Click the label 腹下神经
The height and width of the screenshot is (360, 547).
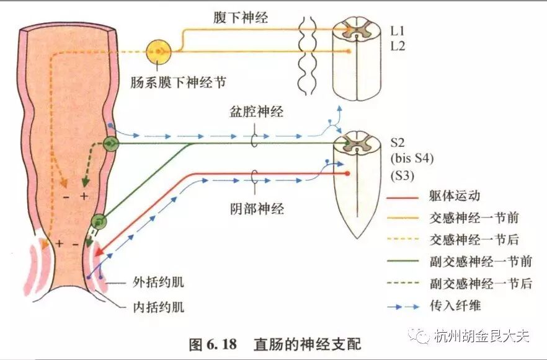click(241, 17)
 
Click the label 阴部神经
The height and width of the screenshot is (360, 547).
click(256, 208)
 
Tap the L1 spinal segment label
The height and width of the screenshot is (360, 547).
click(398, 29)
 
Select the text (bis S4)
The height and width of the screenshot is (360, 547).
click(412, 159)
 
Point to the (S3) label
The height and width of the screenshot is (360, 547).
click(402, 175)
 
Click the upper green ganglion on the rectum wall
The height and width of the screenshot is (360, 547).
click(111, 144)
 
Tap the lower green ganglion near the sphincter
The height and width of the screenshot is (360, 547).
click(99, 222)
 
